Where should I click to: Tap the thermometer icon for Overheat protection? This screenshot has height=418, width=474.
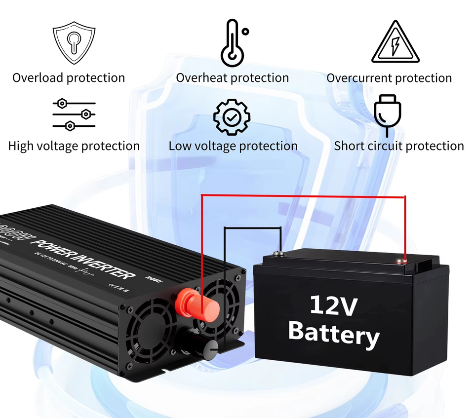point(232,43)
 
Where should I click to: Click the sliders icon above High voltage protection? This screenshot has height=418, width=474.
point(74,115)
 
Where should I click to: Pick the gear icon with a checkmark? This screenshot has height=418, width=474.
point(232,116)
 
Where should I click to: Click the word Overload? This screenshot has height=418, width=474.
point(38,78)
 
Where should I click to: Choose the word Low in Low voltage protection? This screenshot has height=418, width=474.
point(180,146)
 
